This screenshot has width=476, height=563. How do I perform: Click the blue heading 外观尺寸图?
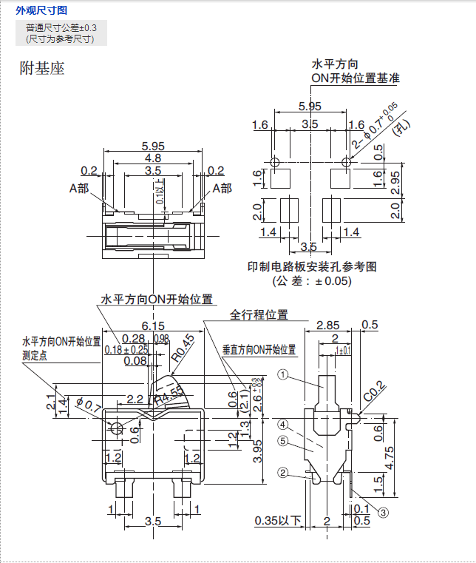[x=41, y=10]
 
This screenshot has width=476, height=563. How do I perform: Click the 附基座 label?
[x=42, y=69]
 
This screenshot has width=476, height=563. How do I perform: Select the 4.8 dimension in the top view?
[x=153, y=158]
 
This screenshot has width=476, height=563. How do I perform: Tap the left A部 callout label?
[x=79, y=189]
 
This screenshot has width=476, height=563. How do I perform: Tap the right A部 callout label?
[x=222, y=189]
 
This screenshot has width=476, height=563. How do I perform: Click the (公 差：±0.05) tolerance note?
[x=312, y=281]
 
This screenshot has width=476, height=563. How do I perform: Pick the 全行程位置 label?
[x=259, y=314]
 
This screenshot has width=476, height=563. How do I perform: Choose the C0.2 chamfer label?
[x=374, y=388]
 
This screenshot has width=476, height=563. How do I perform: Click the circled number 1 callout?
[x=282, y=375]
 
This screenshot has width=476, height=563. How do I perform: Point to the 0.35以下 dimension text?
[x=277, y=521]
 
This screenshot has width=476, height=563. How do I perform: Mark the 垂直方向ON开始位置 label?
[x=259, y=349]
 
